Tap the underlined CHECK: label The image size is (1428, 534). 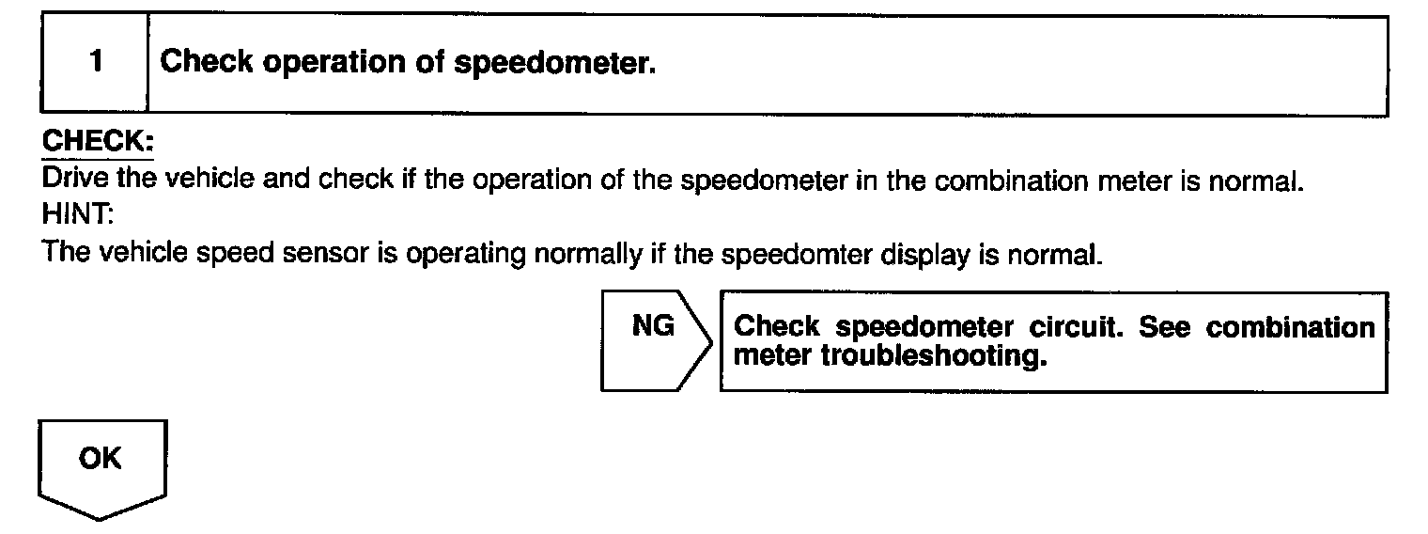click(98, 144)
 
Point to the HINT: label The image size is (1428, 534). click(78, 215)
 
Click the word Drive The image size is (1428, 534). click(69, 180)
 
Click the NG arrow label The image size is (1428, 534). click(653, 326)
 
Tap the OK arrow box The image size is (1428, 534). click(101, 460)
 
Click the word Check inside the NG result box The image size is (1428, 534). click(776, 327)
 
